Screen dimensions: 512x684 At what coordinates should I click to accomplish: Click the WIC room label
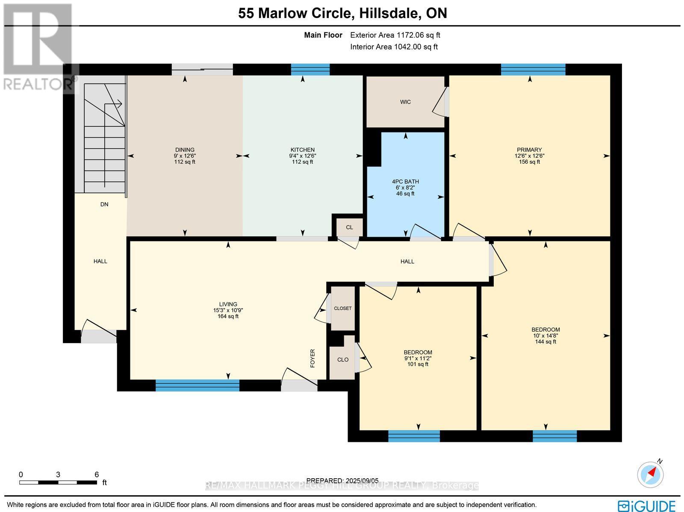click(x=405, y=102)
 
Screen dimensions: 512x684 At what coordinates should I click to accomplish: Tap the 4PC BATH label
click(x=405, y=182)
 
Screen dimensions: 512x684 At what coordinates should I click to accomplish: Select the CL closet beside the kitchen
click(x=349, y=227)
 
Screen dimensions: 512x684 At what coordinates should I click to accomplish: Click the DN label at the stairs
click(x=104, y=204)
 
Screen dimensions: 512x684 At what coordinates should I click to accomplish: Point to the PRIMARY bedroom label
click(x=529, y=150)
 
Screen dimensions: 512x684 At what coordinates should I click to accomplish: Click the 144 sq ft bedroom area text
click(x=545, y=342)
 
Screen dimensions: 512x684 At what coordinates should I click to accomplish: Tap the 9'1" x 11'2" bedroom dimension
click(x=418, y=359)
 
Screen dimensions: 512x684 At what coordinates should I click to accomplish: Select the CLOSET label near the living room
click(x=343, y=308)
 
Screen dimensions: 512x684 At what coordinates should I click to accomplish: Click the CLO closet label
click(x=343, y=360)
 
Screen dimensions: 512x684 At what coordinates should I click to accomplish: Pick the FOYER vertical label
click(x=313, y=358)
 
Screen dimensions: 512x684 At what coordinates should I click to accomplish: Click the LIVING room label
click(x=228, y=304)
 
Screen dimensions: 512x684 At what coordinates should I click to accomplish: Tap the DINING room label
click(x=185, y=150)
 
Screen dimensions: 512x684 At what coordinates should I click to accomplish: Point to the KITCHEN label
click(x=303, y=150)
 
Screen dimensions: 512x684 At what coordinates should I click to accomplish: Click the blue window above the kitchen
click(x=310, y=69)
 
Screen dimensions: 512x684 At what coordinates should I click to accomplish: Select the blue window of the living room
click(x=197, y=385)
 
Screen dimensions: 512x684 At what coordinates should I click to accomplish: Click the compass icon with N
click(x=651, y=474)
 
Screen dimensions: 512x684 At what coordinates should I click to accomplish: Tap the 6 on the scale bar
click(x=97, y=474)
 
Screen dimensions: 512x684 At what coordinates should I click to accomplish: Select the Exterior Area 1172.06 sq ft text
click(x=395, y=35)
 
